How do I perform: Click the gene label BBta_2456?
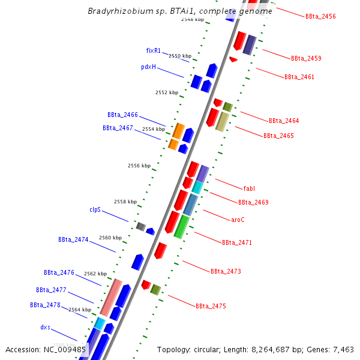pos(320,16)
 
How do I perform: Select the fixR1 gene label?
pos(154,50)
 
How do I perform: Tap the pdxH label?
pos(148,67)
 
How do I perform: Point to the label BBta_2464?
pos(284,121)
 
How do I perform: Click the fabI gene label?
pos(249,188)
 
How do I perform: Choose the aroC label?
pos(238,220)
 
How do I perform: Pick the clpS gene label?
pos(95,210)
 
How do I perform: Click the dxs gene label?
pos(45,328)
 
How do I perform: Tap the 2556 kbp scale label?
pos(139,166)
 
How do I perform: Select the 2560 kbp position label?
pos(110,238)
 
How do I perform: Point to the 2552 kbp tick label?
pos(167,92)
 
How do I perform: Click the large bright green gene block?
pos(182,227)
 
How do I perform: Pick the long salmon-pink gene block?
pos(111,298)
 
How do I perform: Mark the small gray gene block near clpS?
pos(141,226)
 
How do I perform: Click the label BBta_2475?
pos(211,306)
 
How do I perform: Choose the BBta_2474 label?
pos(73,239)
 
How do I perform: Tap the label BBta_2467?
pos(118,128)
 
